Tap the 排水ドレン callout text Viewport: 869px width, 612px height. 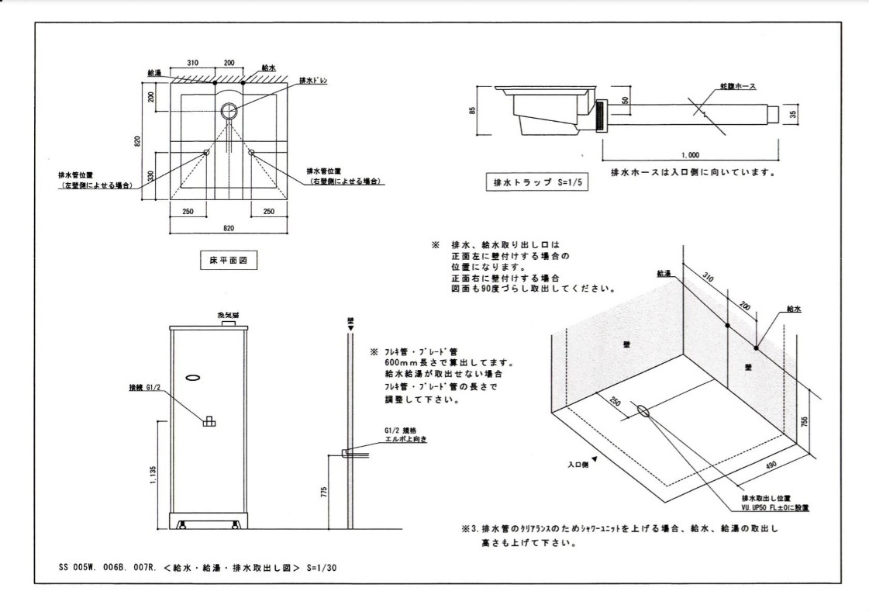(x=314, y=81)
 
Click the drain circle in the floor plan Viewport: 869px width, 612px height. (x=229, y=111)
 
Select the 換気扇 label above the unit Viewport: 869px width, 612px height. (x=229, y=316)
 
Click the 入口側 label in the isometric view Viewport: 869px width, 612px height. (x=578, y=465)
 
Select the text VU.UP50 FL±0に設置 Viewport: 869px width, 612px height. (x=775, y=507)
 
